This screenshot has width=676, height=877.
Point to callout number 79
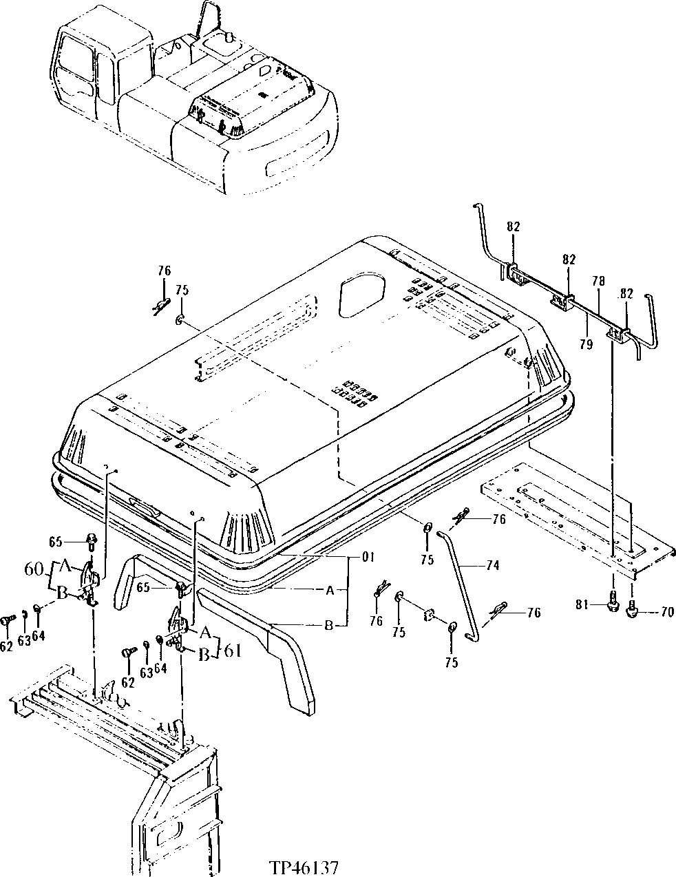[586, 344]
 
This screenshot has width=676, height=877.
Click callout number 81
[582, 604]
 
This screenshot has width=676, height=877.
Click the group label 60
[32, 570]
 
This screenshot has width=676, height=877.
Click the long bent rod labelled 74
[460, 578]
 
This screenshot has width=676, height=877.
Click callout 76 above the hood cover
[164, 270]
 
